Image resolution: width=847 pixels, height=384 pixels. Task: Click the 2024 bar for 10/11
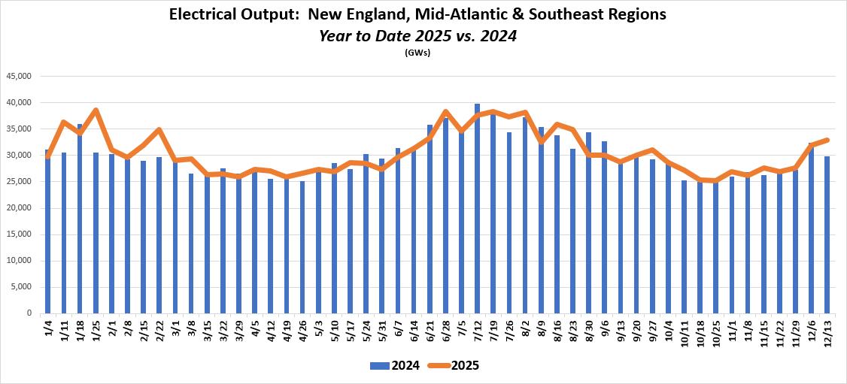685,252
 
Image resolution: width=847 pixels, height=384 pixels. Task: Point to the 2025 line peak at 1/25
96,110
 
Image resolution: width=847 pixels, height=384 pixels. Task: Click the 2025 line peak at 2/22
159,130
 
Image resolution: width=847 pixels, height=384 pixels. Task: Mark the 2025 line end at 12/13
827,140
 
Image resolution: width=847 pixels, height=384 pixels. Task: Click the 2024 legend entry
392,366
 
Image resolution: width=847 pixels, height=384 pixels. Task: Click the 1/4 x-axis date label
48,328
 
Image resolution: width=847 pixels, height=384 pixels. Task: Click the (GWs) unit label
417,53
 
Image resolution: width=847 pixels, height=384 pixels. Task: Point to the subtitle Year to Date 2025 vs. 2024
417,35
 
